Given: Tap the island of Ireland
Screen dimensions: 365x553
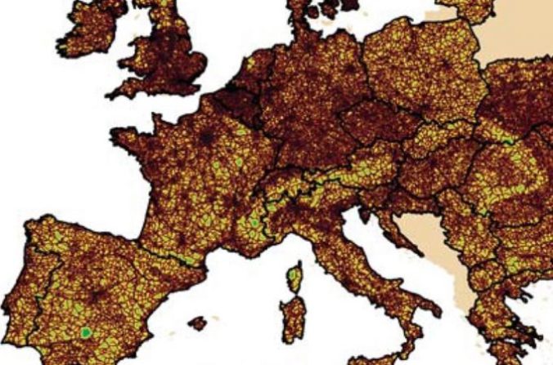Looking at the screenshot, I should [86, 33].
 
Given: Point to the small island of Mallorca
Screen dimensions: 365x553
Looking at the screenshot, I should [196, 323].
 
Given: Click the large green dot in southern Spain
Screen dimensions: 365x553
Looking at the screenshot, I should [85, 332].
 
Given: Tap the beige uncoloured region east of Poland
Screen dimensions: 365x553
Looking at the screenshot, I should [515, 41].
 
